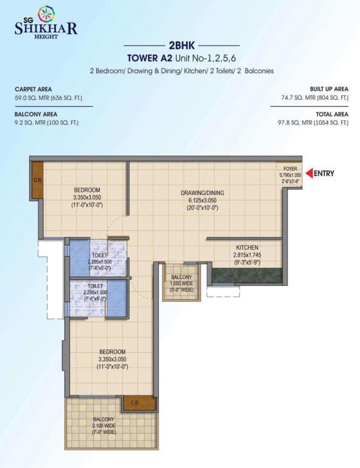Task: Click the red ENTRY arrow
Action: [x=309, y=173]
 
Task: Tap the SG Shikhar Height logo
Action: [x=46, y=23]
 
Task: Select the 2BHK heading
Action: [x=182, y=45]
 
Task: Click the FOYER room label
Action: [x=290, y=169]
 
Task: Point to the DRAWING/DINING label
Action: [x=202, y=193]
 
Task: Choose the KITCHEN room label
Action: [x=247, y=247]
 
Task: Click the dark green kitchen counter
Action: [x=247, y=275]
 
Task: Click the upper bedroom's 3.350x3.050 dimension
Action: [x=86, y=197]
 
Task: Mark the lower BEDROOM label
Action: [x=112, y=352]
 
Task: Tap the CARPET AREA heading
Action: [x=33, y=89]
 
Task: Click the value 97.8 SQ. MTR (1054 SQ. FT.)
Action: [x=313, y=122]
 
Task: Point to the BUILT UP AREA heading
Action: [x=329, y=89]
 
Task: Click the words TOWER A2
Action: [x=150, y=58]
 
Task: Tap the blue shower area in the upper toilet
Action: [x=80, y=257]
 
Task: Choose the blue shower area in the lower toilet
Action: [x=116, y=298]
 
